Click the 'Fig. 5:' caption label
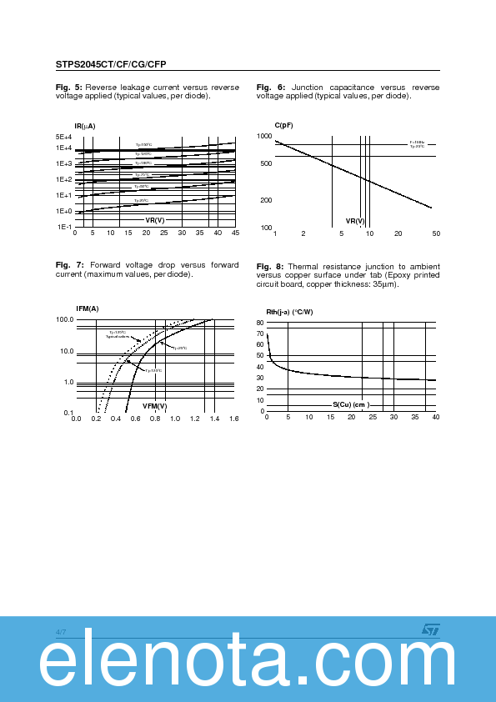click(x=68, y=88)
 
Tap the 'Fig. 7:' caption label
click(x=69, y=265)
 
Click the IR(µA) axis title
click(x=85, y=126)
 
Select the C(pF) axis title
click(x=284, y=125)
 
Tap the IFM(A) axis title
click(x=88, y=308)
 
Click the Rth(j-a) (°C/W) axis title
click(x=289, y=312)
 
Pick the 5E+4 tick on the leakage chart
click(x=64, y=137)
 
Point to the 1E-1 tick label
click(x=65, y=227)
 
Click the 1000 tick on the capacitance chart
click(x=264, y=136)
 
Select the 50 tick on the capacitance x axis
click(x=435, y=233)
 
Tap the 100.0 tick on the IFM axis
click(x=65, y=319)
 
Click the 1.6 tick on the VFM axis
click(x=233, y=419)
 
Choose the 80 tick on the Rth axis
click(x=260, y=323)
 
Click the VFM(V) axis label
click(x=155, y=406)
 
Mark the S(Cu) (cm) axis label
click(x=350, y=404)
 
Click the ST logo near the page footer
click(x=430, y=629)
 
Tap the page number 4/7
click(x=60, y=634)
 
